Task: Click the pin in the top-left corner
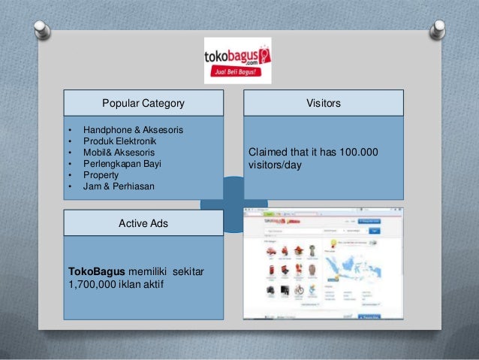[x=43, y=29]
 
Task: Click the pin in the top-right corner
[x=437, y=29]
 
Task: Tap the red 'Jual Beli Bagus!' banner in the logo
[x=237, y=74]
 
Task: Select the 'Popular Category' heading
[x=143, y=103]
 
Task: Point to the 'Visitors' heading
[x=324, y=103]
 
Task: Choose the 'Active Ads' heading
[x=143, y=223]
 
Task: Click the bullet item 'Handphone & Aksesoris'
[x=133, y=130]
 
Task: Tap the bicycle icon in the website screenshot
[x=300, y=289]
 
